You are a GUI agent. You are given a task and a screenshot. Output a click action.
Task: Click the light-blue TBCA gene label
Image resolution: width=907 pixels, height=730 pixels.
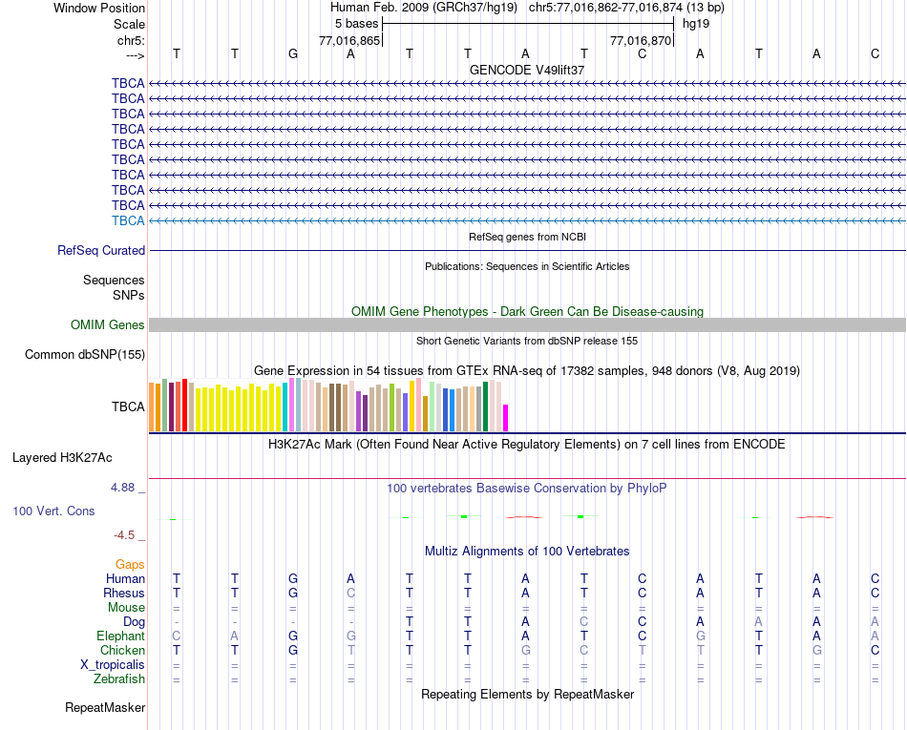click(128, 220)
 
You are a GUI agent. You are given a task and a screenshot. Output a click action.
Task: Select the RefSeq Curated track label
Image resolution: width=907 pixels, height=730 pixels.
click(101, 250)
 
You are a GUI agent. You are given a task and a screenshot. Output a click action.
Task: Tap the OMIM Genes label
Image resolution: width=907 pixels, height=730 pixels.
click(108, 325)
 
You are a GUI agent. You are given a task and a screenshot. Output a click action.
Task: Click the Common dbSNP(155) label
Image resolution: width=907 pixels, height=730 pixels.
click(85, 355)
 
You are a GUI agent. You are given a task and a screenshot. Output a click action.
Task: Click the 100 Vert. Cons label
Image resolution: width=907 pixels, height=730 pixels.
click(53, 511)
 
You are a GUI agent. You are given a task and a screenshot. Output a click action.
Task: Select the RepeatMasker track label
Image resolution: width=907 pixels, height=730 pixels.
click(105, 708)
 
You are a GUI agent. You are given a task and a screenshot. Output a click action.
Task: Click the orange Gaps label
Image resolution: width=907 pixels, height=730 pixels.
click(130, 565)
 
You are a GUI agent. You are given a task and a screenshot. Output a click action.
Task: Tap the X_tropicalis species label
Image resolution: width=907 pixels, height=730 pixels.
click(113, 665)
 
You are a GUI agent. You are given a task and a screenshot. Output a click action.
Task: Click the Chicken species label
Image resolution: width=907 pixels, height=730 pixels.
click(122, 651)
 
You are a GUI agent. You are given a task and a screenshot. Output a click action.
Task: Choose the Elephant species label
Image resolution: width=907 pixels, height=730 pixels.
click(120, 636)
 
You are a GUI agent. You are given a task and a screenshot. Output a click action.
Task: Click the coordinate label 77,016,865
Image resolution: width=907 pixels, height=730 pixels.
click(349, 41)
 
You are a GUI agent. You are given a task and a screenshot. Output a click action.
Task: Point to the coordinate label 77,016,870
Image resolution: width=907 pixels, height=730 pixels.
click(642, 41)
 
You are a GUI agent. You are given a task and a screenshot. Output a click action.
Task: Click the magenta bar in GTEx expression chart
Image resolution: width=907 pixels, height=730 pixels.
click(506, 418)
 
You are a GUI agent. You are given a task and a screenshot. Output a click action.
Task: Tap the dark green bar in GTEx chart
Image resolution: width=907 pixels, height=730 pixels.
click(486, 407)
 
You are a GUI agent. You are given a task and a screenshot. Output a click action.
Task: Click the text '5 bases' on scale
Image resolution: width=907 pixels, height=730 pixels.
click(356, 24)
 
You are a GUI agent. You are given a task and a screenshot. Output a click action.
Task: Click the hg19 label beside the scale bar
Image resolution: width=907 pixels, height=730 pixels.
click(695, 24)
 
